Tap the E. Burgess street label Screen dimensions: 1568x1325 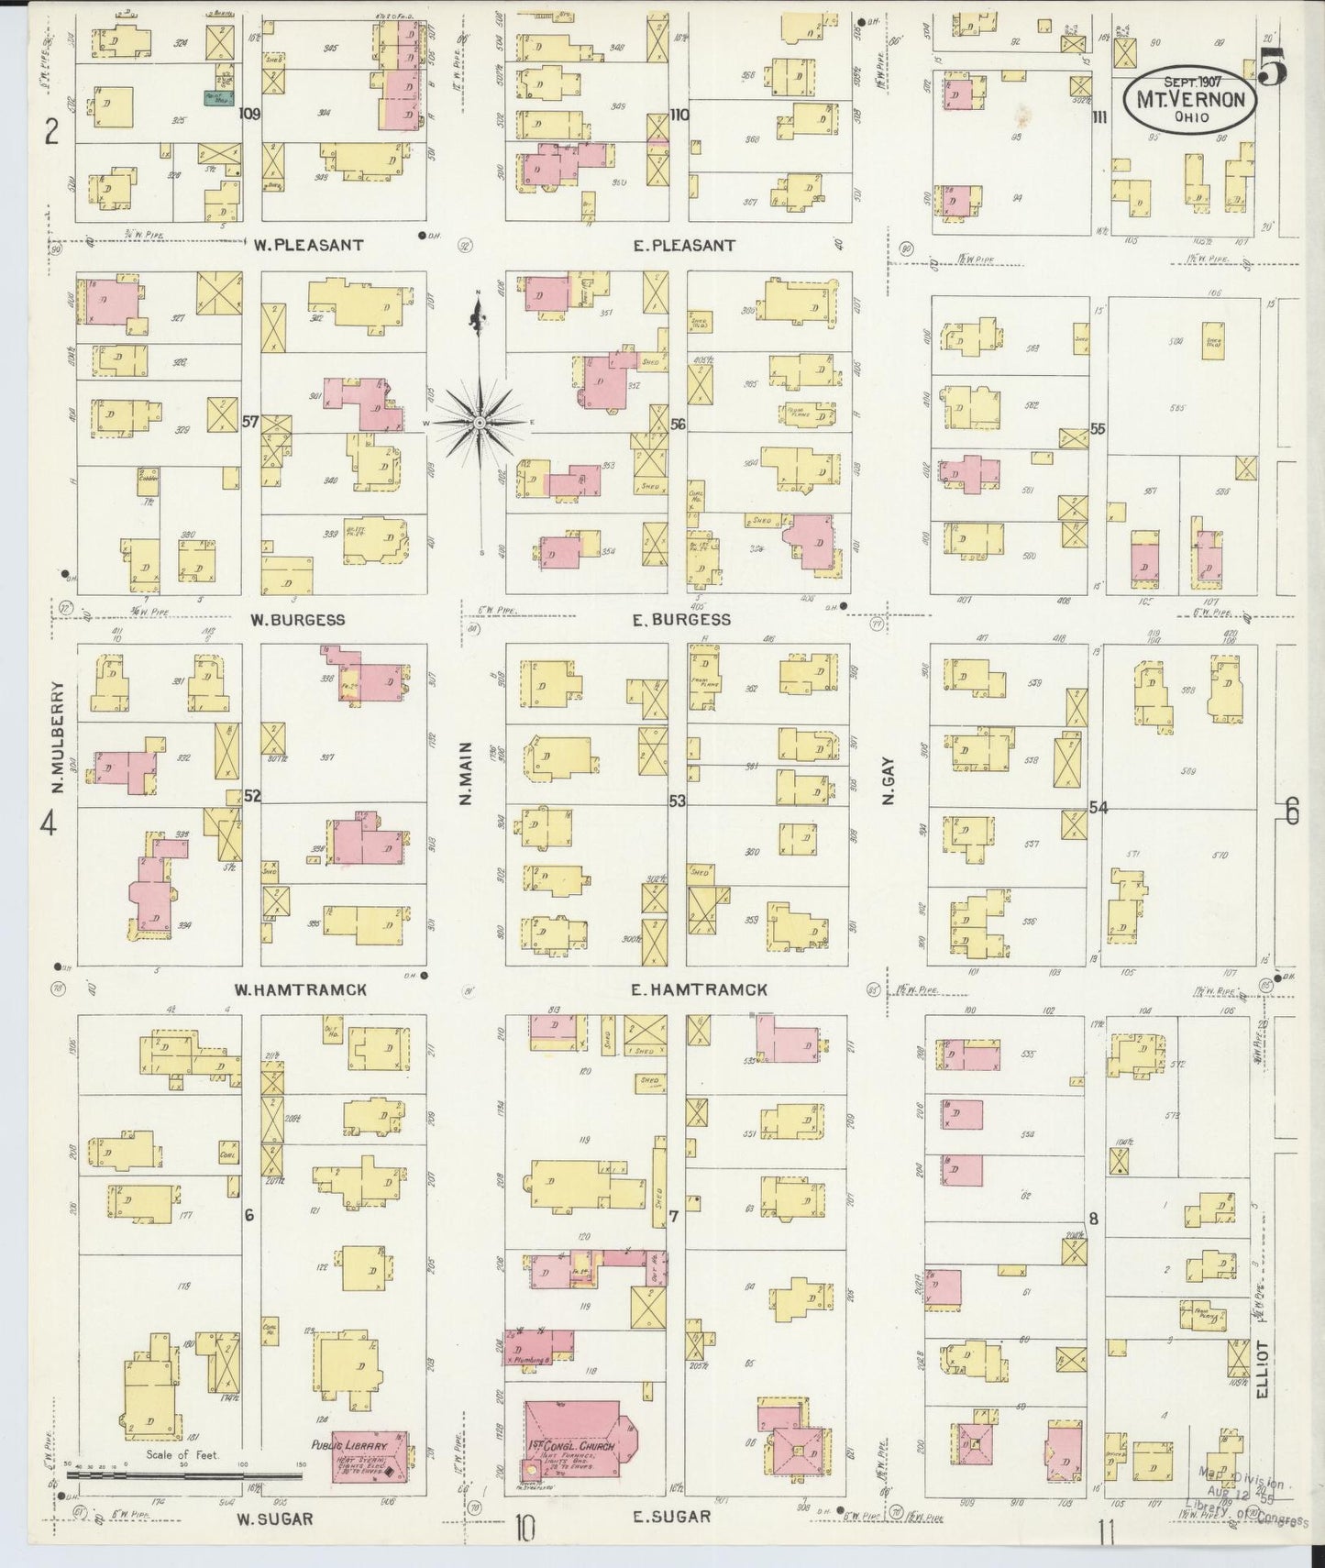[681, 619]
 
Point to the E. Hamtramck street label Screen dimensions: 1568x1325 [699, 989]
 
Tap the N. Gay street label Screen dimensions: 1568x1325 [888, 786]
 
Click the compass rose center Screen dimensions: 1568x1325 [480, 422]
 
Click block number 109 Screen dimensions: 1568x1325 [249, 114]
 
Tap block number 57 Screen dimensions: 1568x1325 [249, 422]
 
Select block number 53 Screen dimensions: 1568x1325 [677, 801]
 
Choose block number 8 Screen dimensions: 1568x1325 [1093, 1218]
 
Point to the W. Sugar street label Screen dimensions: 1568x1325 [275, 1518]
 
